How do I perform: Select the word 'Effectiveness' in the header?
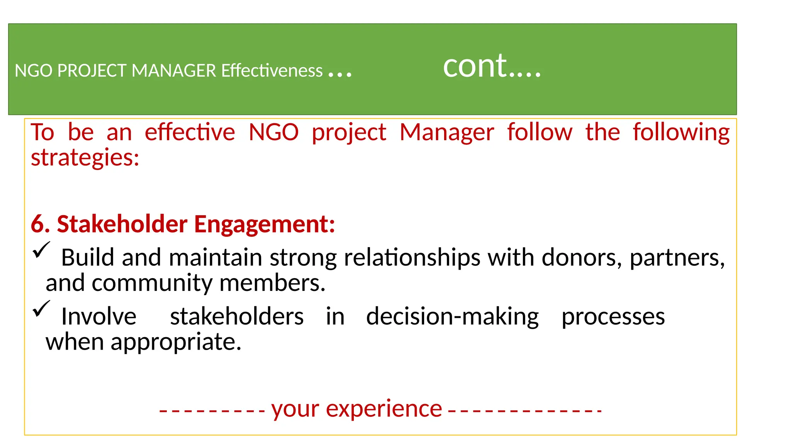[272, 71]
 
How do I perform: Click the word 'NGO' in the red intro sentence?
[273, 132]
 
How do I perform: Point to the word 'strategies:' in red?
[85, 158]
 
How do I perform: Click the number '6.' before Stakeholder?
[41, 224]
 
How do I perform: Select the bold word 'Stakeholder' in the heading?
[122, 224]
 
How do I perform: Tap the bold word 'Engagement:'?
[265, 224]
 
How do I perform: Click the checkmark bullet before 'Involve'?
[41, 309]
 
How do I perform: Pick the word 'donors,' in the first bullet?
[582, 257]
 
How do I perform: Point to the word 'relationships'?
[412, 258]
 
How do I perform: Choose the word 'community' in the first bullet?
[152, 284]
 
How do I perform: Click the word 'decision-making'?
[452, 317]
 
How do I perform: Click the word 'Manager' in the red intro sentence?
[446, 132]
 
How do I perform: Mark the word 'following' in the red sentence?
[681, 133]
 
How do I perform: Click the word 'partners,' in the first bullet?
[677, 258]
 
